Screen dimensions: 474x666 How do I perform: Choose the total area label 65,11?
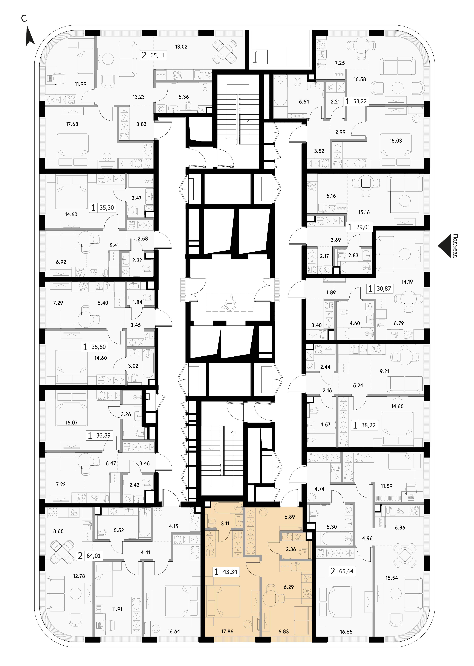pos(158,55)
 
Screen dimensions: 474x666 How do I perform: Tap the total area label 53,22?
pos(360,102)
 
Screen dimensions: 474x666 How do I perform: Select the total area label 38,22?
pos(368,425)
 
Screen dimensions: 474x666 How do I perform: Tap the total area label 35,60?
pos(99,347)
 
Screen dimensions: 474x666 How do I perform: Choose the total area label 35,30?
pos(107,208)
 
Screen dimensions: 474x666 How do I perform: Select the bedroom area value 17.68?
pos(72,124)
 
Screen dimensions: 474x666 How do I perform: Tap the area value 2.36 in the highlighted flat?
pos(291,549)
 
